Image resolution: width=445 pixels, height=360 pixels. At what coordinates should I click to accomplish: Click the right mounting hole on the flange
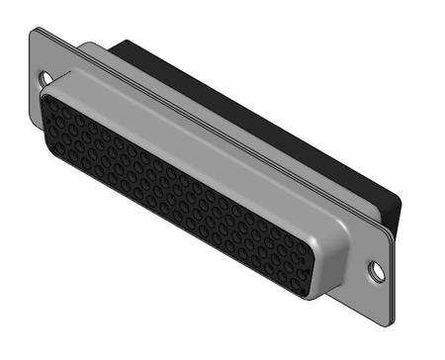(x=377, y=268)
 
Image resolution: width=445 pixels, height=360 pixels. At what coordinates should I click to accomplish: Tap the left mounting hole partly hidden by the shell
(x=44, y=75)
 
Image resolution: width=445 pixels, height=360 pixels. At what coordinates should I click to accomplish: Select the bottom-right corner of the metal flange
(x=387, y=325)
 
